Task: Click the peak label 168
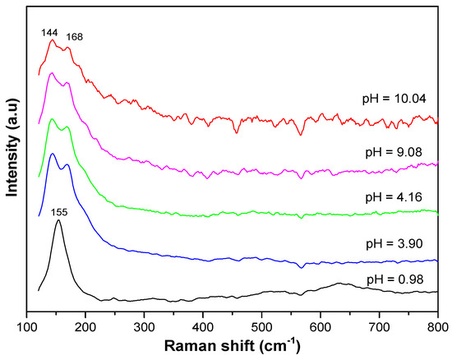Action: coord(75,37)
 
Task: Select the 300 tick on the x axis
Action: coord(145,325)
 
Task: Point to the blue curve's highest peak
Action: coord(53,154)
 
